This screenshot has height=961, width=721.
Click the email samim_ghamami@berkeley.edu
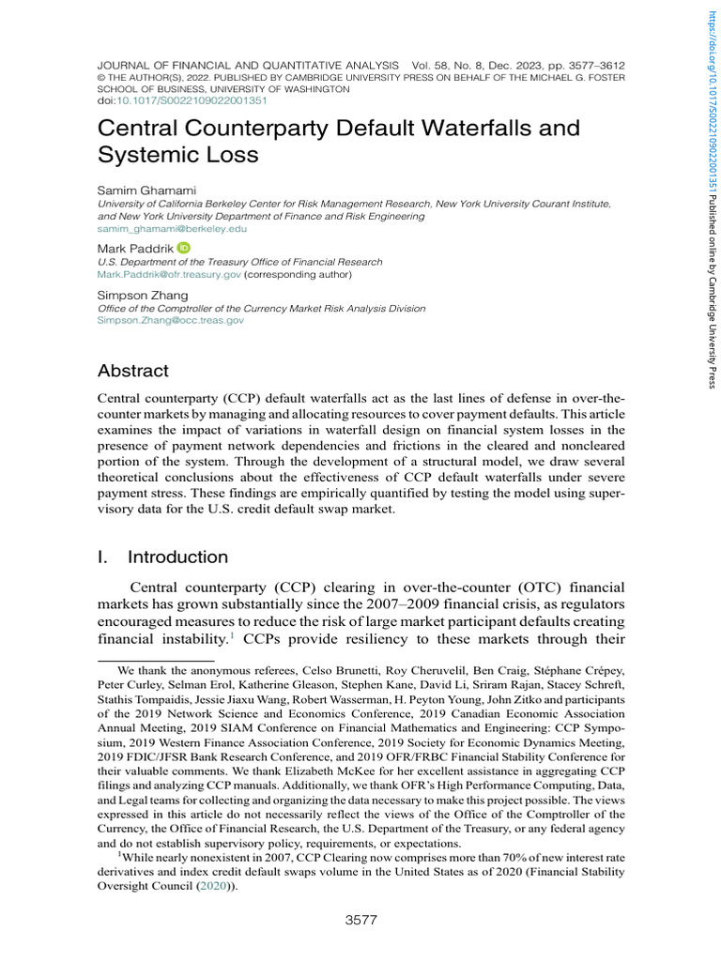click(173, 228)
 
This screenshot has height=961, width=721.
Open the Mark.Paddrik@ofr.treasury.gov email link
click(169, 275)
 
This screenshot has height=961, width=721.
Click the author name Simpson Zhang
click(143, 295)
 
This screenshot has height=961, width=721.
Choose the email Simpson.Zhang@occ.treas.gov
click(171, 320)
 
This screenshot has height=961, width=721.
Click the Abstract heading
click(133, 371)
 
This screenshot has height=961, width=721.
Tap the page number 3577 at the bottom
click(361, 920)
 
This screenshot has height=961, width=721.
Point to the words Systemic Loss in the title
click(177, 153)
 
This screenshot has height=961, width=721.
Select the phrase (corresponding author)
click(298, 275)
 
